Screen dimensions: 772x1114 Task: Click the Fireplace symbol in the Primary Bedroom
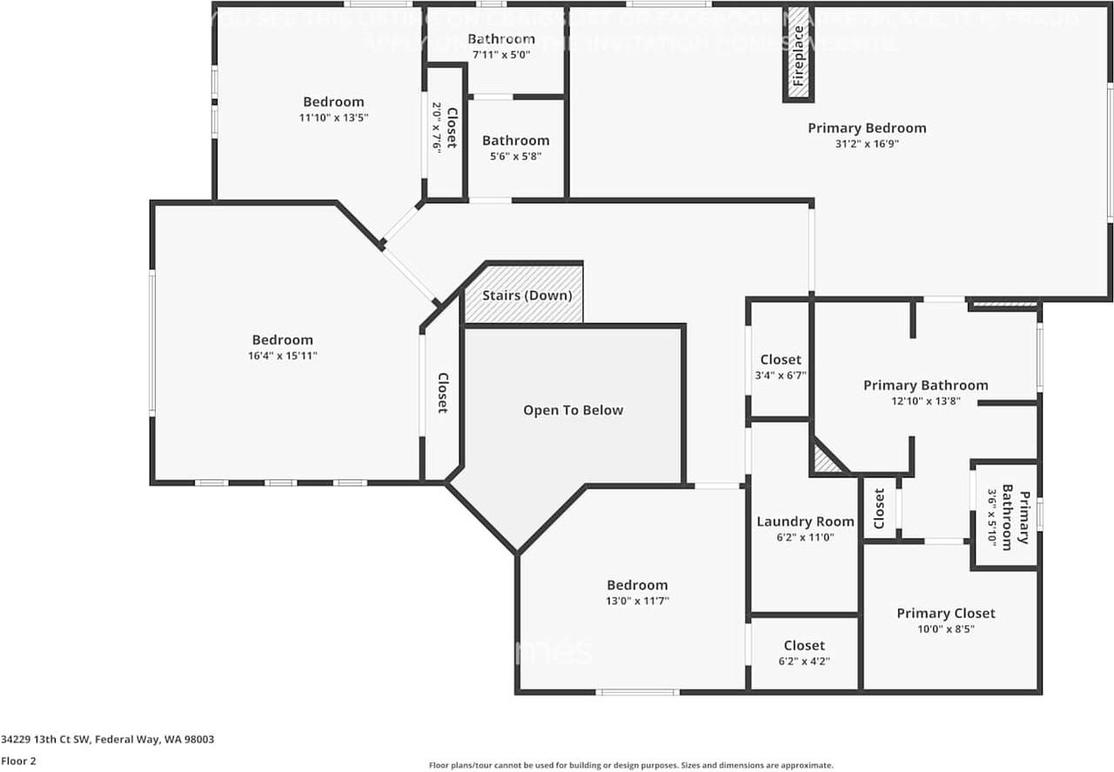(798, 54)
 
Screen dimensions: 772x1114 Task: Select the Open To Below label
(573, 410)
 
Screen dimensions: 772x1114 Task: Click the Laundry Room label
(805, 522)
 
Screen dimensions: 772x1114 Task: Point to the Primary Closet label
(946, 614)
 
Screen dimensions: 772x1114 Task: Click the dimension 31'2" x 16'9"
(867, 144)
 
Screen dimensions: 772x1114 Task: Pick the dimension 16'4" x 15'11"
(282, 356)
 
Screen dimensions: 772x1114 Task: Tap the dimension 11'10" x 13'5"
(333, 117)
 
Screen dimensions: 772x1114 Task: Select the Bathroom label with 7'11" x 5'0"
(500, 39)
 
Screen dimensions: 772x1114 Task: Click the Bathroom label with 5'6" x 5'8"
(515, 141)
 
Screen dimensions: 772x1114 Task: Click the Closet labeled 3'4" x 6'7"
(780, 360)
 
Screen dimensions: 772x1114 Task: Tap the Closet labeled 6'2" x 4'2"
(803, 646)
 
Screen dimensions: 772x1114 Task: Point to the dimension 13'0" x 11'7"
(637, 601)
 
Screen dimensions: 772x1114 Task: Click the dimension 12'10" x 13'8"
(925, 401)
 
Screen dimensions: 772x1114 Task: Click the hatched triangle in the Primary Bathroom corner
(823, 461)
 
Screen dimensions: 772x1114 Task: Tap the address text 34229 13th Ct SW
(108, 740)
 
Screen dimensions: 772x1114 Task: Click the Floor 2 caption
(19, 761)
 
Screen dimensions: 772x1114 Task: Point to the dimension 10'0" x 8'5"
(946, 629)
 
